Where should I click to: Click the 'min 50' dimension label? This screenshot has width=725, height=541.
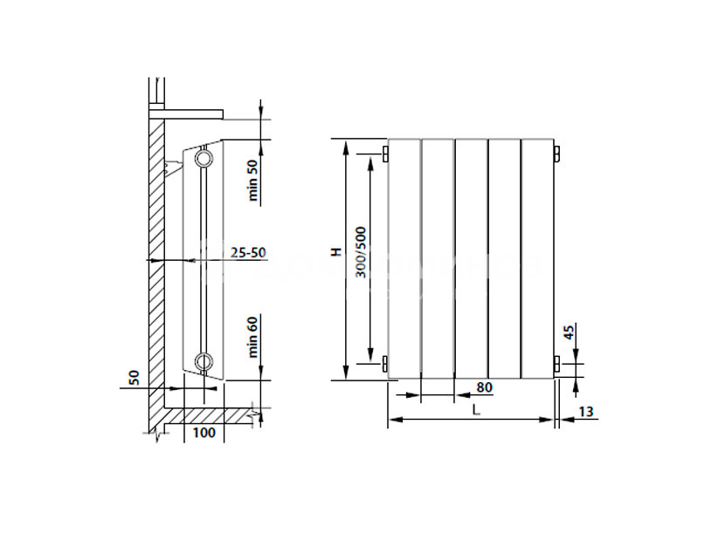[252, 180]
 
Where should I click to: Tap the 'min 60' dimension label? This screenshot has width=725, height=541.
[252, 338]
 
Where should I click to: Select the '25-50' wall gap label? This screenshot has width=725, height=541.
[248, 253]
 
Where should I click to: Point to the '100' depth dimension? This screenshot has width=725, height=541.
[204, 433]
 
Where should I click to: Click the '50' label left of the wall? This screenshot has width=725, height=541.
[134, 378]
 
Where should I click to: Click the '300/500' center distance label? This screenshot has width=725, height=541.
[361, 252]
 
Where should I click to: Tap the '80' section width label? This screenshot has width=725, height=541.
[484, 387]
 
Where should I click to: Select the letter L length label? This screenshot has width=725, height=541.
[477, 409]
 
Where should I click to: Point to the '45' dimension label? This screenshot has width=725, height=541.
[570, 332]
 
